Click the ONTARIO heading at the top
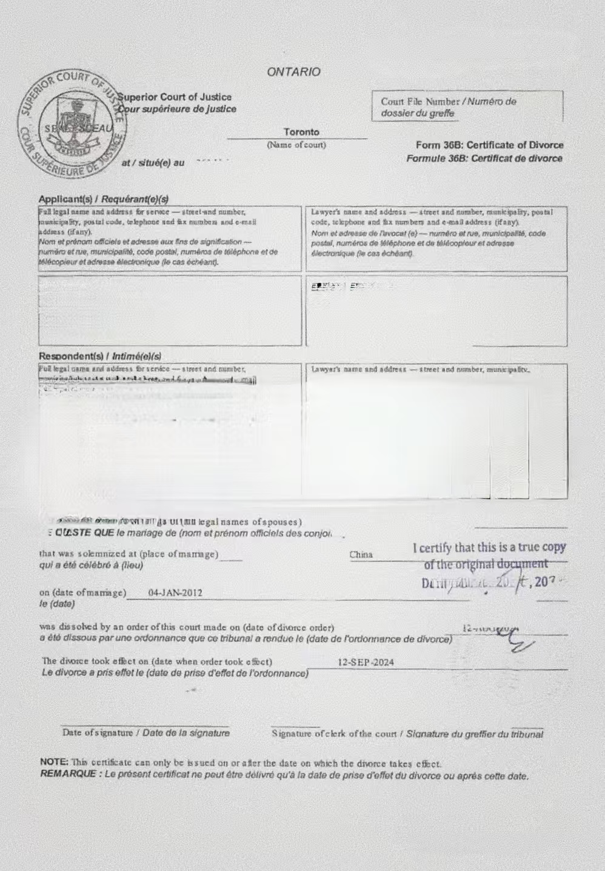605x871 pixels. (x=293, y=72)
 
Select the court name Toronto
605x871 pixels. (x=301, y=132)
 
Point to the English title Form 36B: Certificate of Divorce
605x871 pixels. (x=489, y=145)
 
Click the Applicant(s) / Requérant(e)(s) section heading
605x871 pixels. (x=104, y=199)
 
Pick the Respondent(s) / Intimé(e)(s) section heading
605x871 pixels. (x=100, y=356)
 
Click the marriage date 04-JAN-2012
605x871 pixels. (x=175, y=593)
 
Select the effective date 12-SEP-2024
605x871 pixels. (x=366, y=662)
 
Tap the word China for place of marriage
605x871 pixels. (x=361, y=555)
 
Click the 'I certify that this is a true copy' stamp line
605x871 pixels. (x=489, y=548)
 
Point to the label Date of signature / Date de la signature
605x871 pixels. (x=145, y=733)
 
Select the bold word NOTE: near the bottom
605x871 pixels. (x=54, y=762)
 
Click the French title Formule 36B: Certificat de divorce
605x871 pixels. (x=484, y=159)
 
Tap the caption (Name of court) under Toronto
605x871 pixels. (x=296, y=145)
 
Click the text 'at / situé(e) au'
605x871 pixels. (x=153, y=162)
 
